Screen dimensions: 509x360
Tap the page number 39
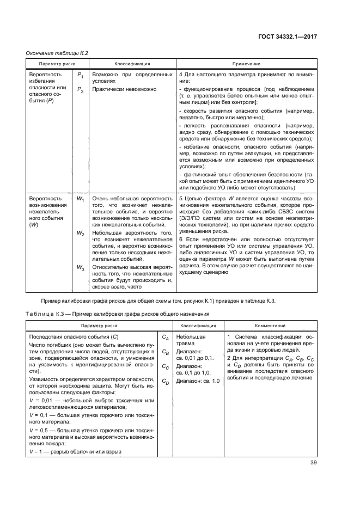click(x=314, y=463)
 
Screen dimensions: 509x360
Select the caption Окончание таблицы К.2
click(x=58, y=53)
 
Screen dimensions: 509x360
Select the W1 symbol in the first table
click(x=80, y=200)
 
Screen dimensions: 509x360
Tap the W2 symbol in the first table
click(x=80, y=233)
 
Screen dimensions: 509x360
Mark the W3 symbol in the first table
click(x=80, y=268)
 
